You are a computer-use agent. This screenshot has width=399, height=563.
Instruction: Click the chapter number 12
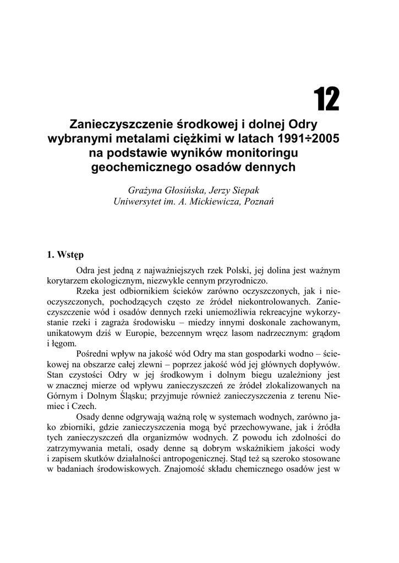pyautogui.click(x=326, y=99)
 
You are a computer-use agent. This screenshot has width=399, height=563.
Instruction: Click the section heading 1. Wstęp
pyautogui.click(x=65, y=255)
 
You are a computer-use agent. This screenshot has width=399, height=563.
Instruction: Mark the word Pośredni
pyautogui.click(x=95, y=355)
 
